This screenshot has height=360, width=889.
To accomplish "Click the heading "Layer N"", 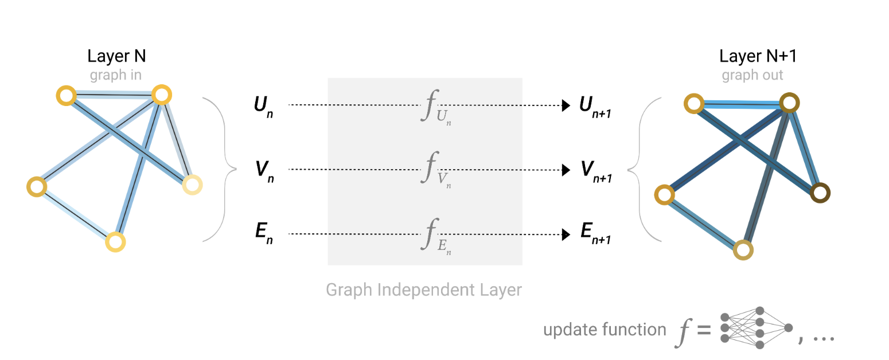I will click(x=117, y=56).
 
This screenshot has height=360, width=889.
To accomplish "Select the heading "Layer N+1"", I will click(x=758, y=56).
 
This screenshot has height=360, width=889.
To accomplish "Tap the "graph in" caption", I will click(x=115, y=75).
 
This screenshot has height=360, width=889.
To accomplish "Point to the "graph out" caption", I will click(x=752, y=75).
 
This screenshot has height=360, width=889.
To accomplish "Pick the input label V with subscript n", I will click(x=264, y=170).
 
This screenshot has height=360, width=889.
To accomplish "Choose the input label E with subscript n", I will click(x=263, y=235).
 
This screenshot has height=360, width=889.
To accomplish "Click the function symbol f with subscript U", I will click(x=434, y=107).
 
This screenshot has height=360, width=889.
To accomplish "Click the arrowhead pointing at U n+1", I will click(x=566, y=105).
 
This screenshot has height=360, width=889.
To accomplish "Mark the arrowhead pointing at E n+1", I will click(x=566, y=234).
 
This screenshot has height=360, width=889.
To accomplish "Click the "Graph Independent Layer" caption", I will click(x=424, y=289).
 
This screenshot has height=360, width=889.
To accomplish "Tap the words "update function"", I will click(x=605, y=330).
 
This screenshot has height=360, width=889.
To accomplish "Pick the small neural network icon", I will click(x=756, y=328).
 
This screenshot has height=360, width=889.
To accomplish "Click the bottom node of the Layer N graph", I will click(x=115, y=242).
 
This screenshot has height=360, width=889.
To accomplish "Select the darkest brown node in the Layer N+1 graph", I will click(x=820, y=193).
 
